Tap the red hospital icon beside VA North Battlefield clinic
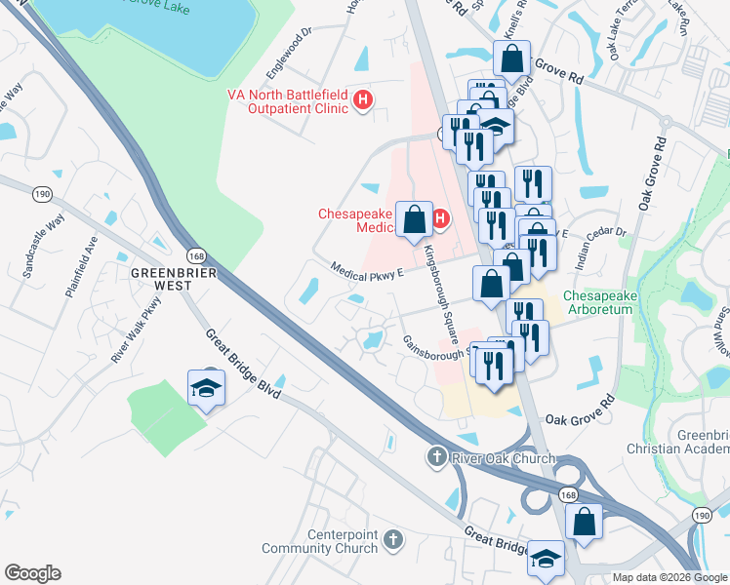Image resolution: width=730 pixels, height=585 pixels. click(x=363, y=100)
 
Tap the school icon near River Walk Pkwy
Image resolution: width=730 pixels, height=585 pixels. click(x=206, y=389)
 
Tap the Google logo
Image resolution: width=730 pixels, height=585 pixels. click(x=32, y=573)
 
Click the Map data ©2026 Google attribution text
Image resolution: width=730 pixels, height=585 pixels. click(x=669, y=577)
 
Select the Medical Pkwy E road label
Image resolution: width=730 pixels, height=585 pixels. click(x=367, y=270)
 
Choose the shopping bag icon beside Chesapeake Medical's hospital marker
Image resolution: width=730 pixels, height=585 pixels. click(x=415, y=218)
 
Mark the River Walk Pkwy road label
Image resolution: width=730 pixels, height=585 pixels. click(x=135, y=334)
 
